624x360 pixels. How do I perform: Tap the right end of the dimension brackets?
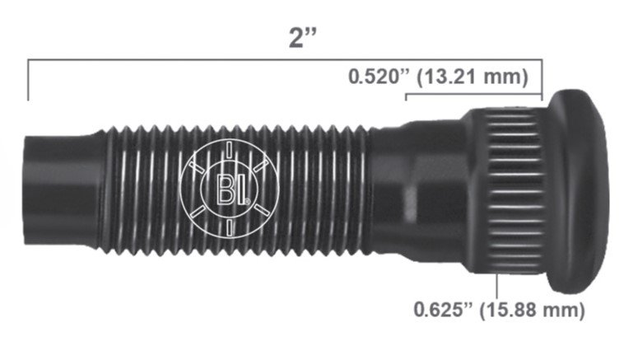(542, 82)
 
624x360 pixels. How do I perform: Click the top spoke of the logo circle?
(228, 149)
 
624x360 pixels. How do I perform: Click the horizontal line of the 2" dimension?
(206, 60)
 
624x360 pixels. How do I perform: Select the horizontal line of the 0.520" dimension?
(473, 96)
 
